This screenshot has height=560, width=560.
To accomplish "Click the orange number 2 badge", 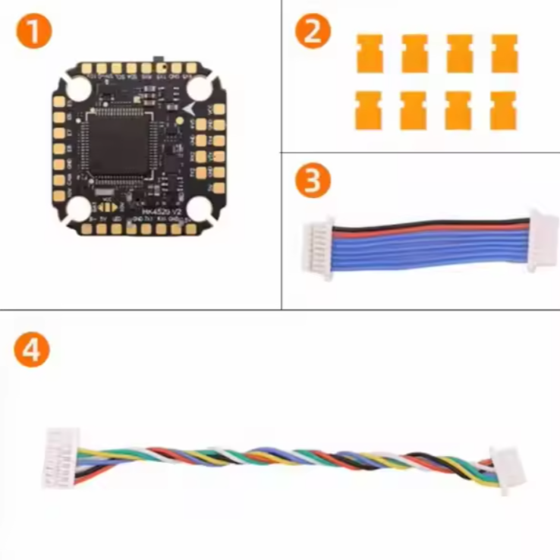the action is pos(313,33).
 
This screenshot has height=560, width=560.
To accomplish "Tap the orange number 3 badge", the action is pos(313,182).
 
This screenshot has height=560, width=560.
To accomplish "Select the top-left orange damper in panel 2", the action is pos(368,54).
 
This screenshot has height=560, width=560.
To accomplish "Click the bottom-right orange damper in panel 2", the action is pos(503,110).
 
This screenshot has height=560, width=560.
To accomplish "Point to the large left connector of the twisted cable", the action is pos(61,458).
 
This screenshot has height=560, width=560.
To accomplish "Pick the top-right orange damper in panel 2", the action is pos(504,54).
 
